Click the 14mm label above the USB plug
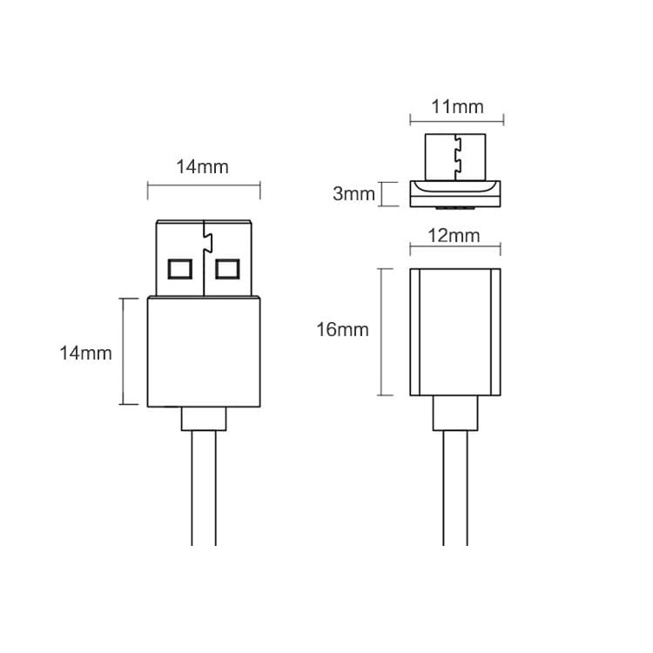pos(203,167)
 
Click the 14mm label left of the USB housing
pos(85,353)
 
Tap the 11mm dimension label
pos(457,107)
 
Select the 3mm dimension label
pos(353,193)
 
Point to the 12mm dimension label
pos(456,235)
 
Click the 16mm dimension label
pos(342,330)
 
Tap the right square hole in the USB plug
pos(227,267)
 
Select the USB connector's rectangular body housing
pos(204,352)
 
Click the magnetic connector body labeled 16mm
pos(456,332)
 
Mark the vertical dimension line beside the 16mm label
pos(380,332)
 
